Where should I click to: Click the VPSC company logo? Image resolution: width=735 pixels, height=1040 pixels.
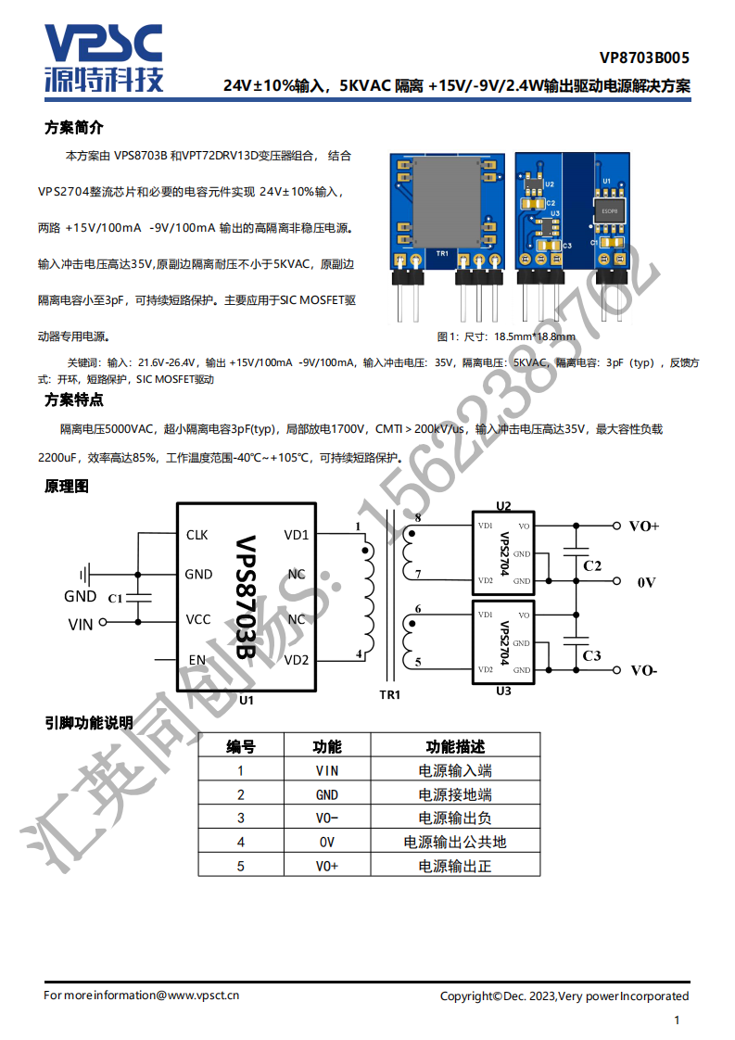point(104,58)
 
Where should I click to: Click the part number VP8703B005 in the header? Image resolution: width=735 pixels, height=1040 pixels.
point(644,57)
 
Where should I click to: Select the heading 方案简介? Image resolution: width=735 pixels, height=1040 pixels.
point(73,127)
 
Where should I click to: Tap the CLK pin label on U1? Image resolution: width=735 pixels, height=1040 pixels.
point(197,535)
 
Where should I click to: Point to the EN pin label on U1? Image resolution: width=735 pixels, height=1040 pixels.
point(197,660)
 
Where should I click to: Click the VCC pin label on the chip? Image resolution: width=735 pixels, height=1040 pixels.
point(198,619)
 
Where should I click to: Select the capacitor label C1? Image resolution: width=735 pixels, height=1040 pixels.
point(116,598)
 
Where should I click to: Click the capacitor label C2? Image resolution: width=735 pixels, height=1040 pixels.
point(592,565)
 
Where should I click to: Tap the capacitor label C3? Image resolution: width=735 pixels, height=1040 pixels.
point(591,655)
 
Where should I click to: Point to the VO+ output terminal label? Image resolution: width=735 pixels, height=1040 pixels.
point(644,526)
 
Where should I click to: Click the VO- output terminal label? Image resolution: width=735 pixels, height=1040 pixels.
point(644,670)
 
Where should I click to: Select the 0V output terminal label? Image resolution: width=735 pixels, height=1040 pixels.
point(647,582)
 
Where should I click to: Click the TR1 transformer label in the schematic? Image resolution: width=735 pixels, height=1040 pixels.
point(390,694)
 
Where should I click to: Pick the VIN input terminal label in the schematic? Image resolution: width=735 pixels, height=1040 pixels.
point(81,624)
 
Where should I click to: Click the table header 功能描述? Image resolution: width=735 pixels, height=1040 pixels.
point(455,747)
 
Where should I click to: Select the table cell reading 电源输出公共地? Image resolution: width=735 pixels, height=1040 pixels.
point(455,843)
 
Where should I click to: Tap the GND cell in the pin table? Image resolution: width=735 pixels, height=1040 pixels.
point(327,794)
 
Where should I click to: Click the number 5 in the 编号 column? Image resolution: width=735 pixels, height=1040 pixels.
point(241,867)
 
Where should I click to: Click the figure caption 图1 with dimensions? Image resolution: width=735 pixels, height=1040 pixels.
point(506,336)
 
